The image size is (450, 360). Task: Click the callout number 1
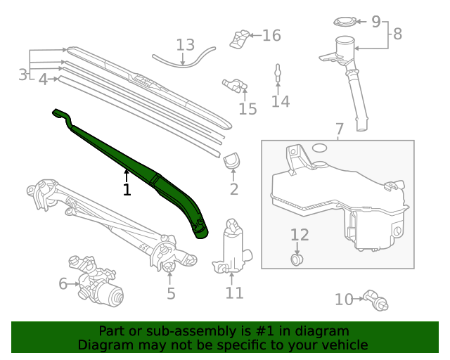pos(127,189)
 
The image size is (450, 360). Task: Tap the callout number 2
pos(234,188)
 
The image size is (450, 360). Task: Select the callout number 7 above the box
pos(339,129)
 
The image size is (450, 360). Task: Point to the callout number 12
pos(300,235)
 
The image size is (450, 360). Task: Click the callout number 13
pos(185,46)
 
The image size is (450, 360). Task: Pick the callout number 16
pos(271,35)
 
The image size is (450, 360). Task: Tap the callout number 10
pos(343,300)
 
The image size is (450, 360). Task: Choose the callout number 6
pos(63,284)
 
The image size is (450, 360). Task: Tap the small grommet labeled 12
pos(297,260)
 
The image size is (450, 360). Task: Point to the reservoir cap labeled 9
pos(345,22)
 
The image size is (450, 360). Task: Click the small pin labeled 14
pos(278,72)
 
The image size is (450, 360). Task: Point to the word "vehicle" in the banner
pos(342,345)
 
